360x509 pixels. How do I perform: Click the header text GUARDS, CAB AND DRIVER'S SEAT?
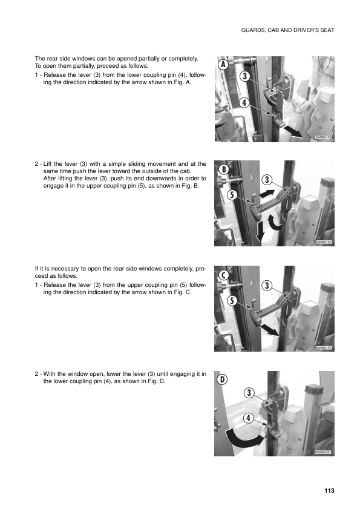[287, 30]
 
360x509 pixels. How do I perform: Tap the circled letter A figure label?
[223, 64]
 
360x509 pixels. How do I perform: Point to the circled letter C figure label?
[223, 275]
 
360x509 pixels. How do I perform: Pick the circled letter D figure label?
[223, 379]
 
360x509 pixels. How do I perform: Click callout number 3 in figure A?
[244, 76]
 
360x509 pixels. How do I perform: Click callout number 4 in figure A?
[244, 103]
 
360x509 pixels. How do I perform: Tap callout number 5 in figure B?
[231, 195]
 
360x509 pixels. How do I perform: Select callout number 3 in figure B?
[267, 180]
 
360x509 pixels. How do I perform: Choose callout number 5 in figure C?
[231, 300]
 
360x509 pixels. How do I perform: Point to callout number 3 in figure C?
[267, 285]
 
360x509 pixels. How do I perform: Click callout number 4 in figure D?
[249, 419]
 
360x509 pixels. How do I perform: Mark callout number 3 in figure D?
[249, 393]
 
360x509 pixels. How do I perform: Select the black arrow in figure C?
[269, 329]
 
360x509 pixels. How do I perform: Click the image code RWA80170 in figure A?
[324, 138]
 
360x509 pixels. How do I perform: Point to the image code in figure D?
[324, 452]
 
